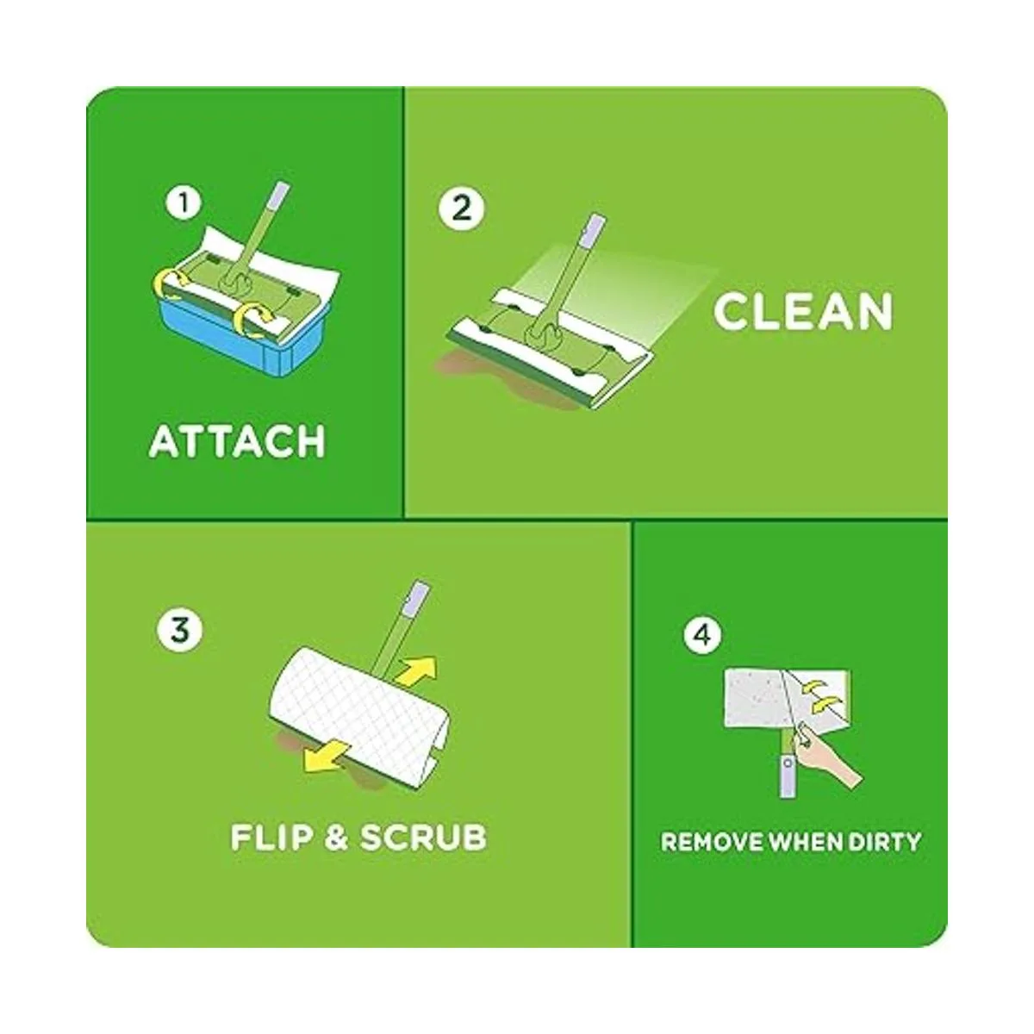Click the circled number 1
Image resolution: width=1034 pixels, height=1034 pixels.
click(183, 205)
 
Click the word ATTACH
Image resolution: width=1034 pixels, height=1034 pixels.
click(238, 441)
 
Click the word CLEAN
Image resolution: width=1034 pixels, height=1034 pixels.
click(802, 312)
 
